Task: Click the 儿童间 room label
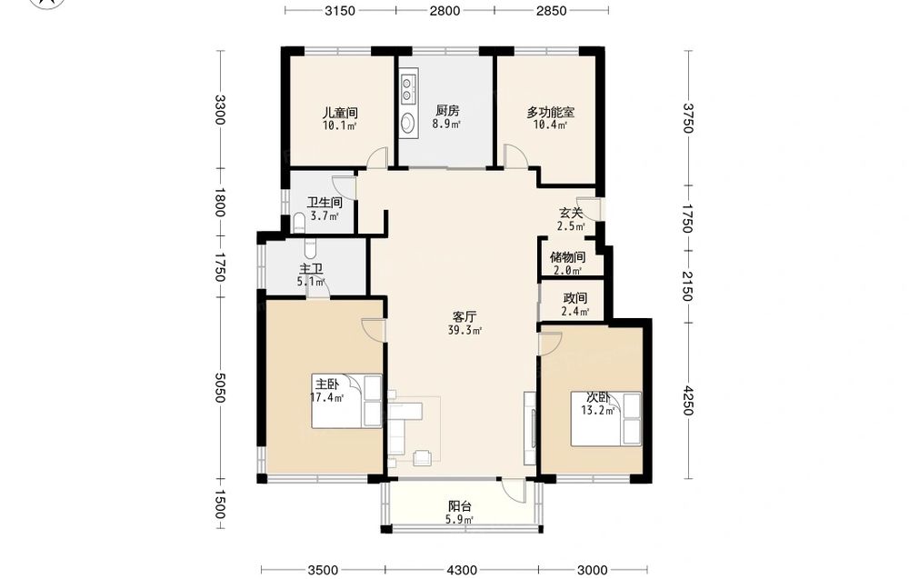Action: tap(340, 113)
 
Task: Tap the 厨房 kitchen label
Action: tap(447, 110)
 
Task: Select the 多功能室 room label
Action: tap(551, 112)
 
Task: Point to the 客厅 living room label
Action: tap(464, 317)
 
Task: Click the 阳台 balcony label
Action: tap(460, 506)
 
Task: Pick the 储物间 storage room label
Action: tap(567, 257)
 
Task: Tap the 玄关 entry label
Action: tap(571, 214)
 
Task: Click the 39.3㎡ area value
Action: tap(464, 330)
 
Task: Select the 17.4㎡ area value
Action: tap(327, 397)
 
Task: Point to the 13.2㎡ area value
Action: tap(598, 410)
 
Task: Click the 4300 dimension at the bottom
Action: tap(462, 570)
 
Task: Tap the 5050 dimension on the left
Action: tap(219, 388)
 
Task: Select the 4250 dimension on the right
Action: tap(687, 401)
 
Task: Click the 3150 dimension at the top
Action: tap(340, 10)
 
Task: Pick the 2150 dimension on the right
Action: tap(687, 286)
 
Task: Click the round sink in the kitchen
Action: tap(408, 123)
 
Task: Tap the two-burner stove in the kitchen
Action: tap(408, 86)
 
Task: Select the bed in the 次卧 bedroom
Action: tap(605, 419)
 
